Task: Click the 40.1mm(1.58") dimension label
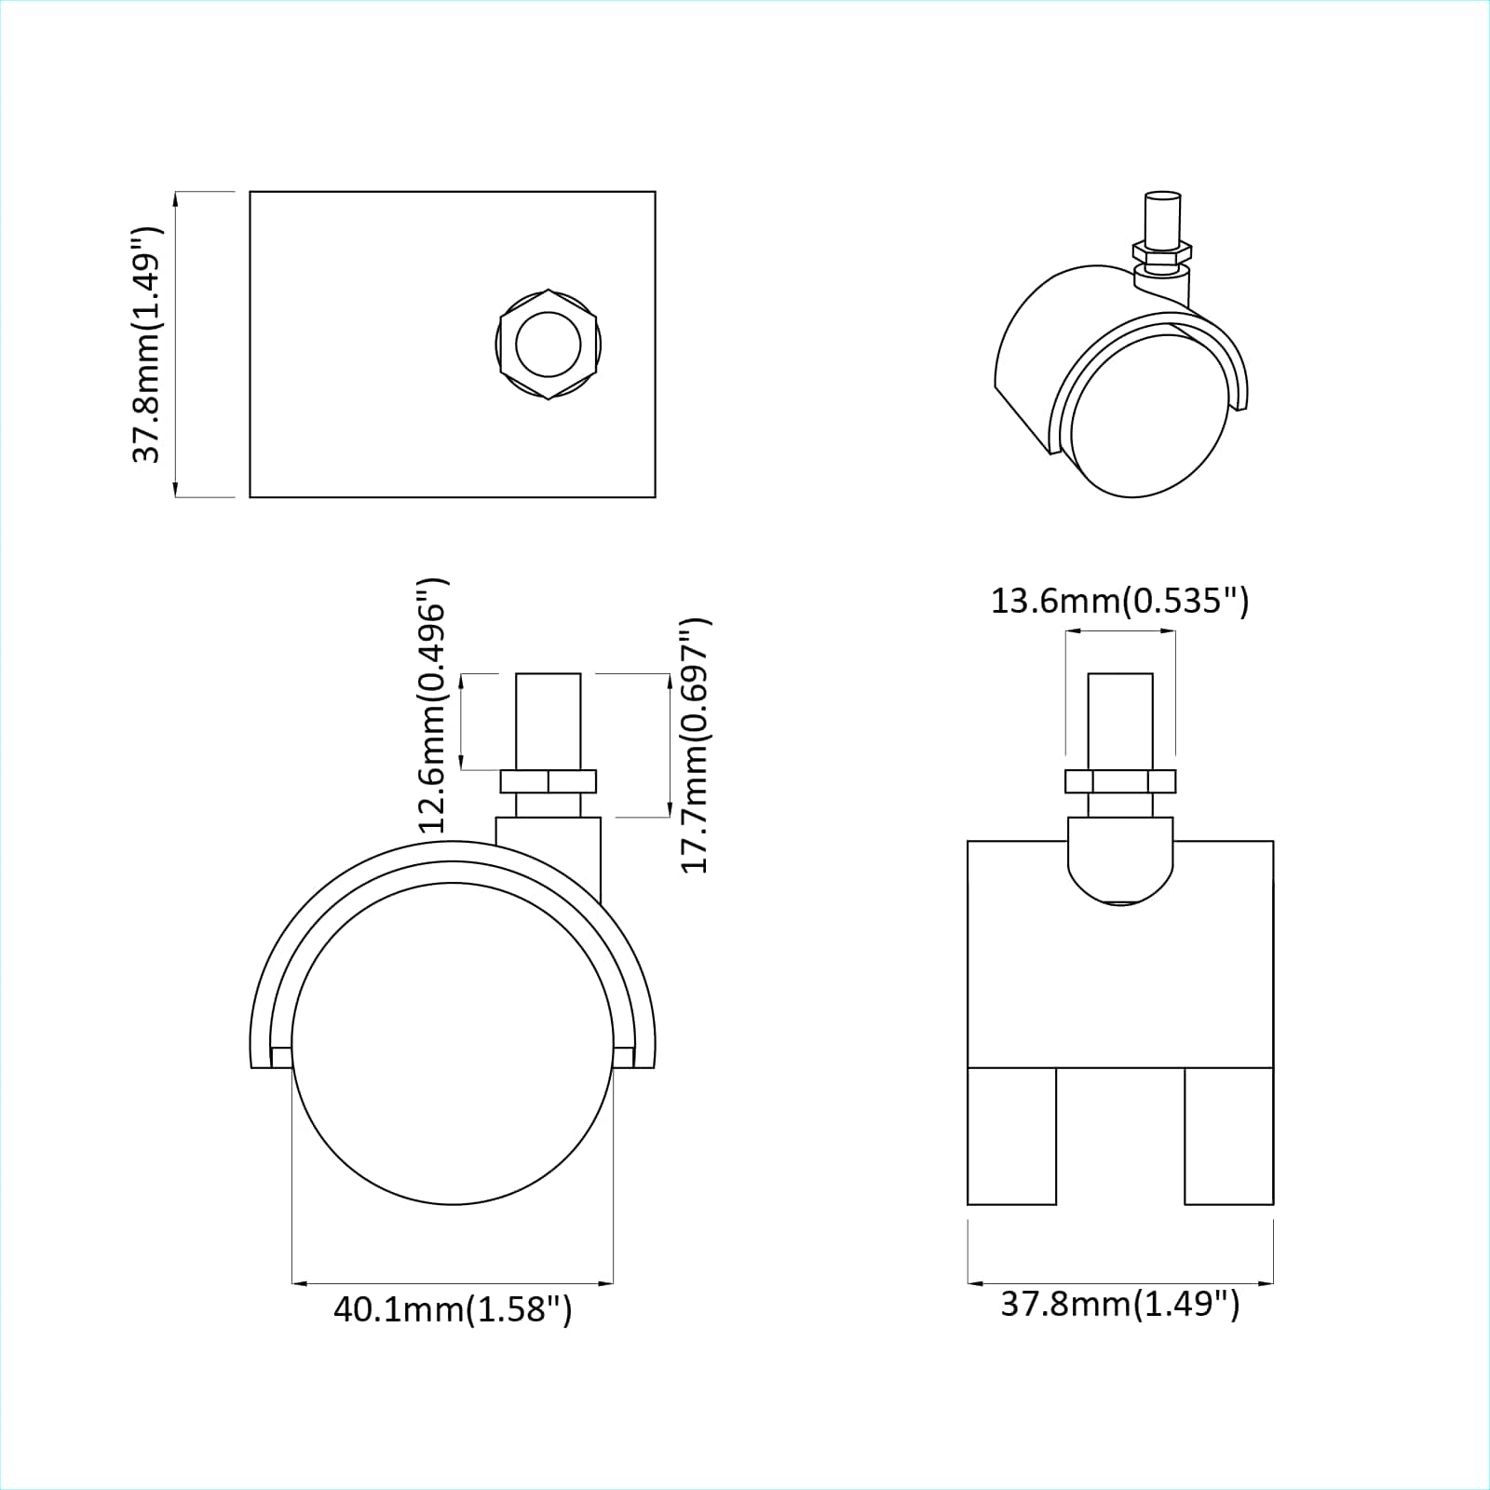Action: [453, 1308]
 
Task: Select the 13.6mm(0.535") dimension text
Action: [1119, 601]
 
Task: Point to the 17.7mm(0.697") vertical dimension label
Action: [696, 745]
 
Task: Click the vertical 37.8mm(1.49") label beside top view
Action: [147, 344]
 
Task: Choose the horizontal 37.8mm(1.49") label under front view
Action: [1120, 1303]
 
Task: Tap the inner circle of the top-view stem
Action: [549, 344]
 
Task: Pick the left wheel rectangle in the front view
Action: [1012, 1135]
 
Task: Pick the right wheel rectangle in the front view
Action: [1228, 1135]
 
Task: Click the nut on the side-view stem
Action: [549, 781]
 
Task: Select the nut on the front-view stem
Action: [1120, 781]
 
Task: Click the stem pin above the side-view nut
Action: [549, 721]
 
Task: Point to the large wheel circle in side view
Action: [453, 1043]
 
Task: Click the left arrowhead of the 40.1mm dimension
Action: [299, 1283]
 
